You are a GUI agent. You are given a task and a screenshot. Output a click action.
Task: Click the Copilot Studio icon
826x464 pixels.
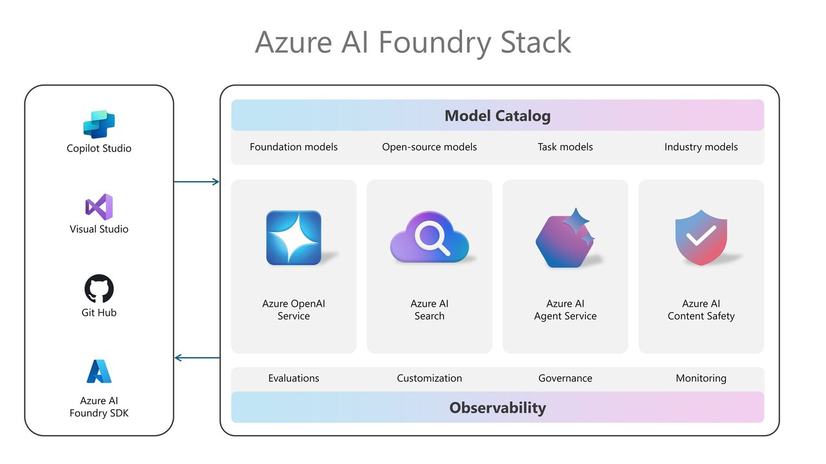click(99, 124)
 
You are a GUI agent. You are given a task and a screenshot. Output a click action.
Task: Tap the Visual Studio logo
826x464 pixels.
click(99, 206)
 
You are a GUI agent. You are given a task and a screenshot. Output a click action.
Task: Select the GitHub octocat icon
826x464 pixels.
click(99, 289)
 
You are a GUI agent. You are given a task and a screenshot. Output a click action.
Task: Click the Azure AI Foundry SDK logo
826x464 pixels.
click(99, 372)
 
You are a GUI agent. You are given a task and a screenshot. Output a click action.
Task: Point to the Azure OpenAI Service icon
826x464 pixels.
click(294, 238)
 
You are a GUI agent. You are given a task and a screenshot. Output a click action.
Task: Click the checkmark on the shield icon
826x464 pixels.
click(700, 236)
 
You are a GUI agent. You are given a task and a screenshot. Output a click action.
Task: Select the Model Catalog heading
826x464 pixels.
click(498, 116)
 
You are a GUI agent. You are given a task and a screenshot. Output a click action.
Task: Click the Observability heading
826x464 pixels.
click(498, 408)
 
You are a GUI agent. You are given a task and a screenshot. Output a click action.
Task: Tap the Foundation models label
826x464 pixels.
click(294, 147)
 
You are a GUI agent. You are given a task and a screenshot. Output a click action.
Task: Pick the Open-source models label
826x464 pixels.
click(429, 147)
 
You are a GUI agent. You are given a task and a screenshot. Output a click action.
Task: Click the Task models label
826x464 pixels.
click(565, 147)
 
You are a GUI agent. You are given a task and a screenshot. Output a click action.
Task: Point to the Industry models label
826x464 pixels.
click(701, 147)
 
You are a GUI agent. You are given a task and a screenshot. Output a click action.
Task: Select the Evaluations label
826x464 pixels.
click(294, 378)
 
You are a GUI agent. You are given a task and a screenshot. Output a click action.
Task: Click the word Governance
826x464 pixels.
click(565, 378)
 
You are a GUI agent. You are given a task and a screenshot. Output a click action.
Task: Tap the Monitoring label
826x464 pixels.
click(701, 378)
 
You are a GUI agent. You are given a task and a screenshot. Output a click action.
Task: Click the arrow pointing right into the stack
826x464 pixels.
click(197, 182)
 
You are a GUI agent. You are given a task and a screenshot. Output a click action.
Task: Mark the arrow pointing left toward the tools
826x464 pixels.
click(197, 358)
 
